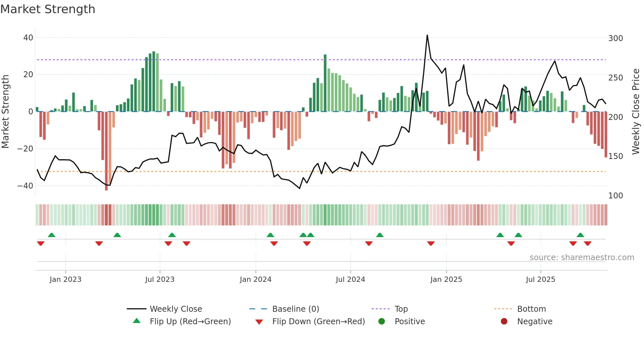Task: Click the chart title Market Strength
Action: pyautogui.click(x=48, y=9)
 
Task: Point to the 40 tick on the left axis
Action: pyautogui.click(x=28, y=38)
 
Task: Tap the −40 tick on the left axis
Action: pyautogui.click(x=25, y=186)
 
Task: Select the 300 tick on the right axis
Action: pyautogui.click(x=615, y=38)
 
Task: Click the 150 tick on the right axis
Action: pyautogui.click(x=615, y=156)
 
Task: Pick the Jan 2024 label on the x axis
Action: pyautogui.click(x=255, y=280)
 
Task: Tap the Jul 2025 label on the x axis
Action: pyautogui.click(x=540, y=280)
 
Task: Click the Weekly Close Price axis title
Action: pyautogui.click(x=636, y=112)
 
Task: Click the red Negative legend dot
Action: pyautogui.click(x=504, y=322)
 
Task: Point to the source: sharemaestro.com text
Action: pyautogui.click(x=582, y=258)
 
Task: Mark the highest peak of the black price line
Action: pyautogui.click(x=427, y=35)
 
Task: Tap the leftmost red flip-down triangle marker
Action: pyautogui.click(x=41, y=243)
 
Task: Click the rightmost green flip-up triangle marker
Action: pyautogui.click(x=580, y=235)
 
